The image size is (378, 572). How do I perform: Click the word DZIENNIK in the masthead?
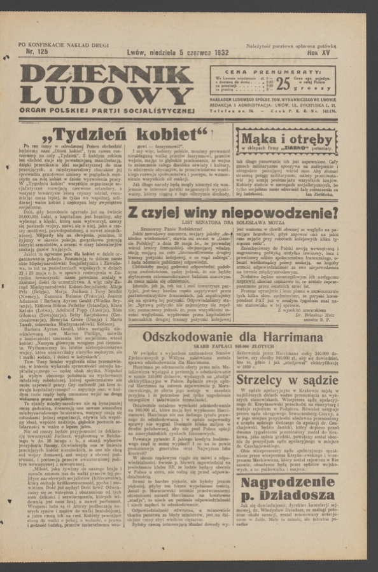click(x=105, y=75)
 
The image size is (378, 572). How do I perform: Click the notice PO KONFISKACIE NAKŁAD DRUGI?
click(x=64, y=44)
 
